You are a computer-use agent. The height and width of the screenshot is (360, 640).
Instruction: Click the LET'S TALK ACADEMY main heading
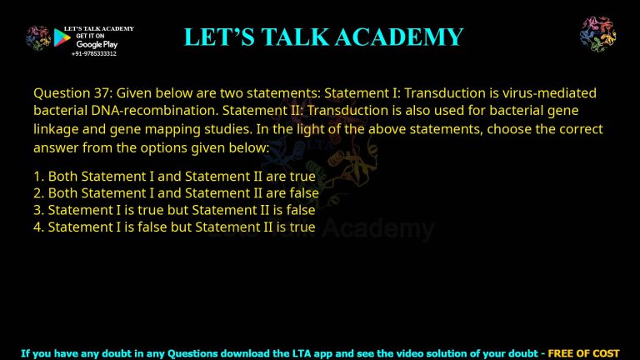(x=323, y=37)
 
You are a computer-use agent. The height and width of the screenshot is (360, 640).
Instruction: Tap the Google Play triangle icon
(x=61, y=37)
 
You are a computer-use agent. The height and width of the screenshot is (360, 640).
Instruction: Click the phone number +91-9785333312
(x=93, y=53)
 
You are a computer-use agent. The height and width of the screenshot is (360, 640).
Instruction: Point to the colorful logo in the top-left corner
(x=37, y=37)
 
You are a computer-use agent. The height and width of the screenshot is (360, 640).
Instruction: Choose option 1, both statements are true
(x=174, y=177)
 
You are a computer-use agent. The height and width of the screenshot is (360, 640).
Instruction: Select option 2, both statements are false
(x=176, y=193)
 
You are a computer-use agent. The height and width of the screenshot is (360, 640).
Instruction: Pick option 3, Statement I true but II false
(x=174, y=210)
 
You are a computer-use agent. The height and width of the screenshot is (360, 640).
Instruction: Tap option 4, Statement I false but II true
(x=174, y=227)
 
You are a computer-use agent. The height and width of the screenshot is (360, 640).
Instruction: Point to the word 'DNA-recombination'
(x=137, y=111)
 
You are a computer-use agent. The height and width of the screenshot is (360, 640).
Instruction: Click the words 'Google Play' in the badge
(x=97, y=44)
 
